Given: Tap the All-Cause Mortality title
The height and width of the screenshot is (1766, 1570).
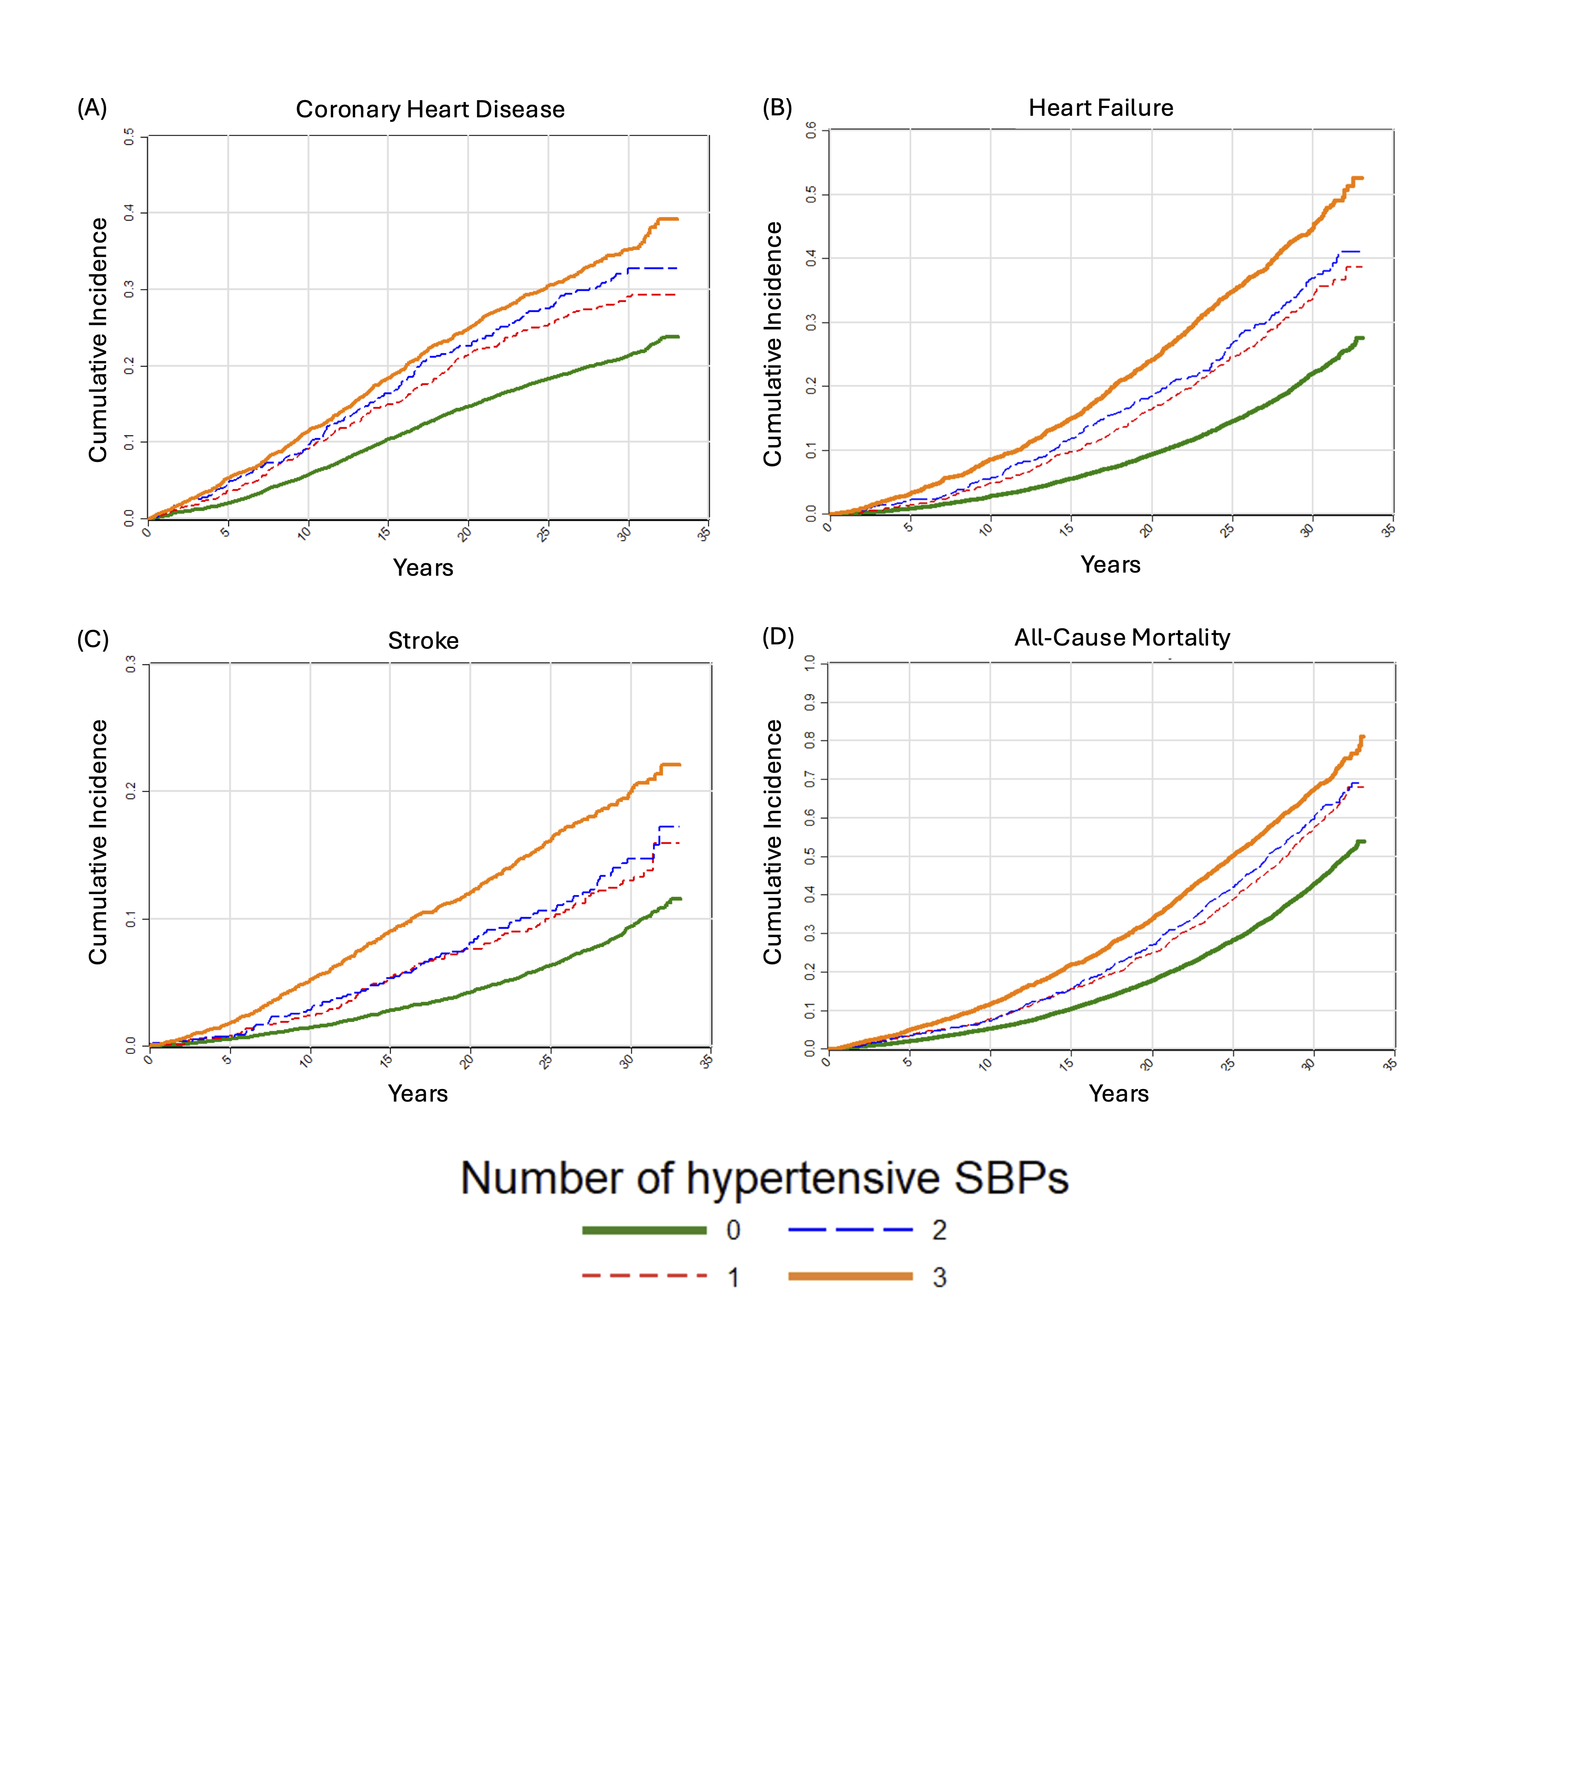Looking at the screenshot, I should click(x=1121, y=638).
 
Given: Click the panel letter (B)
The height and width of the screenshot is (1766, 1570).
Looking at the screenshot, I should click(x=777, y=108).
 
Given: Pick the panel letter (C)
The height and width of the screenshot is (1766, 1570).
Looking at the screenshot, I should click(x=93, y=639).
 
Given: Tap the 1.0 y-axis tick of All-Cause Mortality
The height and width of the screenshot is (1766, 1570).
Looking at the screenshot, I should click(x=810, y=663).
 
